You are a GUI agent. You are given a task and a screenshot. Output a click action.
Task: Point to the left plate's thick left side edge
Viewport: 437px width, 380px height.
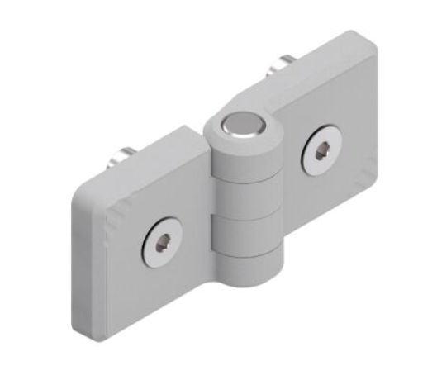click(x=79, y=264)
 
